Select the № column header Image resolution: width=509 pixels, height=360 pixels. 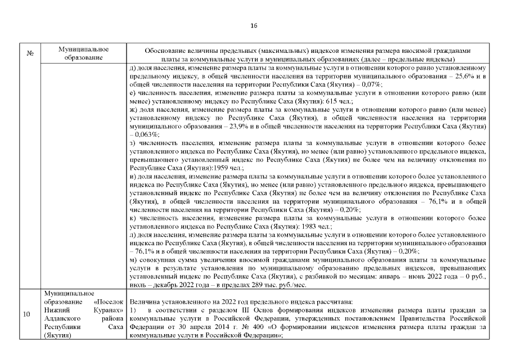pyautogui.click(x=30, y=53)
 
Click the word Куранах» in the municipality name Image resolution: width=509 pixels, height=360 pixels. pyautogui.click(x=109, y=309)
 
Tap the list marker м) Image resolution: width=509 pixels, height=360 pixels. pyautogui.click(x=133, y=259)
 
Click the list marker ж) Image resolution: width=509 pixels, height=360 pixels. pyautogui.click(x=133, y=111)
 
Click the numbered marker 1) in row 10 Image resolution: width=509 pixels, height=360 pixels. pyautogui.click(x=133, y=310)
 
